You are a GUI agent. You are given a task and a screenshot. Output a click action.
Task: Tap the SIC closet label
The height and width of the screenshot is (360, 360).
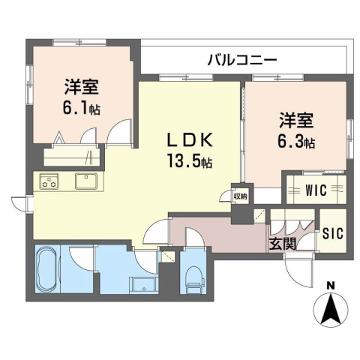332,233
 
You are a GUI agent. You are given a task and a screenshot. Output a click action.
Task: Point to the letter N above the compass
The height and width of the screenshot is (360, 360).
331,284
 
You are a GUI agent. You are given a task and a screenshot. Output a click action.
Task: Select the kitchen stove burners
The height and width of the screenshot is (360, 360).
50,181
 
